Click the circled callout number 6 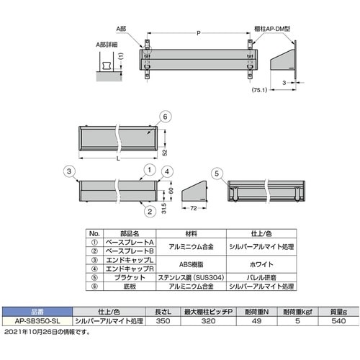pos(165,117)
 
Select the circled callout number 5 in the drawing pos(218,173)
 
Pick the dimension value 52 pos(165,152)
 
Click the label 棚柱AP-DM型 pos(274,25)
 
